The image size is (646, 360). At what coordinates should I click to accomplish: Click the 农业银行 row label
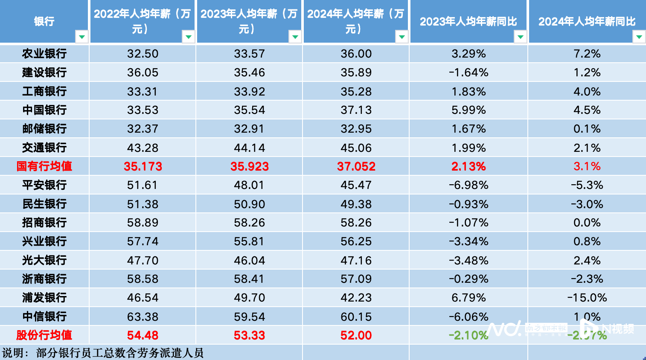point(44,54)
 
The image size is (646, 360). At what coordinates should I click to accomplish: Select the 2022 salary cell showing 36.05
point(143,73)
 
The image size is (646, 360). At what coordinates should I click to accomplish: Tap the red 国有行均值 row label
point(44,166)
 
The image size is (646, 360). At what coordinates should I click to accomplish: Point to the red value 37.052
point(356,166)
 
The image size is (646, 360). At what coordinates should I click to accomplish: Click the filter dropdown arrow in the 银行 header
point(81,37)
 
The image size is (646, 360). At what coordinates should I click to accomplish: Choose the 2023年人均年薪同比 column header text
point(468,21)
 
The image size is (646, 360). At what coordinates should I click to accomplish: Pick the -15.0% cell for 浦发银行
point(587,298)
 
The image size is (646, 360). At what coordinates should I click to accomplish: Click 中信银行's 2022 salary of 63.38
point(143,317)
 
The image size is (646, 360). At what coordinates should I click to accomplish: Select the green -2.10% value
point(468,336)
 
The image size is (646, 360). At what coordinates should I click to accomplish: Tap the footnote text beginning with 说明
point(103,353)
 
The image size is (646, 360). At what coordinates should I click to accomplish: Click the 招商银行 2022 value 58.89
point(143,223)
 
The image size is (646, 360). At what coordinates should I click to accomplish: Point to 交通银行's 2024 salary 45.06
point(356,148)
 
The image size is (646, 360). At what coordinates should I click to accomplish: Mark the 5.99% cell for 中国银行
point(468,110)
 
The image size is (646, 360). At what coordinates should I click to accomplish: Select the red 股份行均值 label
point(44,336)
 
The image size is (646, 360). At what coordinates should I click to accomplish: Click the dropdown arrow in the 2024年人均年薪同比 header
point(639,37)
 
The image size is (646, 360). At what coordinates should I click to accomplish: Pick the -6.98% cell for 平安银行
point(468,185)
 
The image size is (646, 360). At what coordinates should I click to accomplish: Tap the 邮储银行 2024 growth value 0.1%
point(587,129)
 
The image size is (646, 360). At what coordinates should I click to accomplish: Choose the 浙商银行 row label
point(44,279)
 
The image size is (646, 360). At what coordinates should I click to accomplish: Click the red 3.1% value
point(587,166)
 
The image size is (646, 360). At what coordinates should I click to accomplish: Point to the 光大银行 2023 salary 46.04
point(250,260)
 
